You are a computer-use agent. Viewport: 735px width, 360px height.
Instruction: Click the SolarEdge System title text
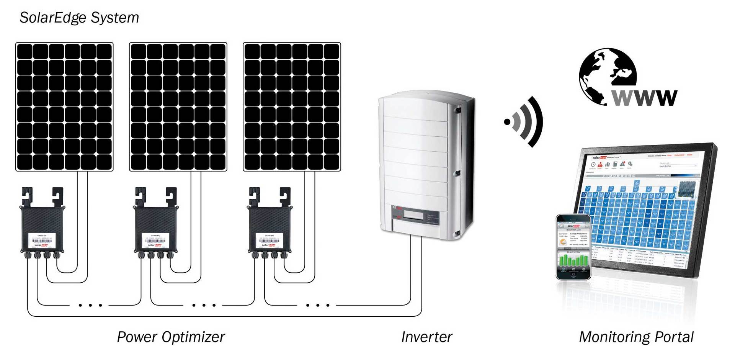point(79,18)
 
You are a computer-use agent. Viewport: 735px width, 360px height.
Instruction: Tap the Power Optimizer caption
point(171,337)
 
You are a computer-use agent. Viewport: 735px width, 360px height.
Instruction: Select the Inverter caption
point(426,337)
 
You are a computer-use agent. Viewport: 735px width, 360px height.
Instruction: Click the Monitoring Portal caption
point(636,337)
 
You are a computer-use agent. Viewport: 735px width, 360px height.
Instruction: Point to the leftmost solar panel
point(64,106)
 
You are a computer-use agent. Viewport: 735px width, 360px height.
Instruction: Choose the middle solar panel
point(178,106)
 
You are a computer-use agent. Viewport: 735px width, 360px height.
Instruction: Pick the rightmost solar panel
point(292,106)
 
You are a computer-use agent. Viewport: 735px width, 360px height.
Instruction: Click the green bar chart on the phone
point(573,260)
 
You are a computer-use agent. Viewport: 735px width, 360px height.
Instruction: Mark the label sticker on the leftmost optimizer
point(42,240)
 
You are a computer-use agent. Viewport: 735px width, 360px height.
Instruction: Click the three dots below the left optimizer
point(90,305)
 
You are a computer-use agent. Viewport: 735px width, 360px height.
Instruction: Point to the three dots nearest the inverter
point(318,305)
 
